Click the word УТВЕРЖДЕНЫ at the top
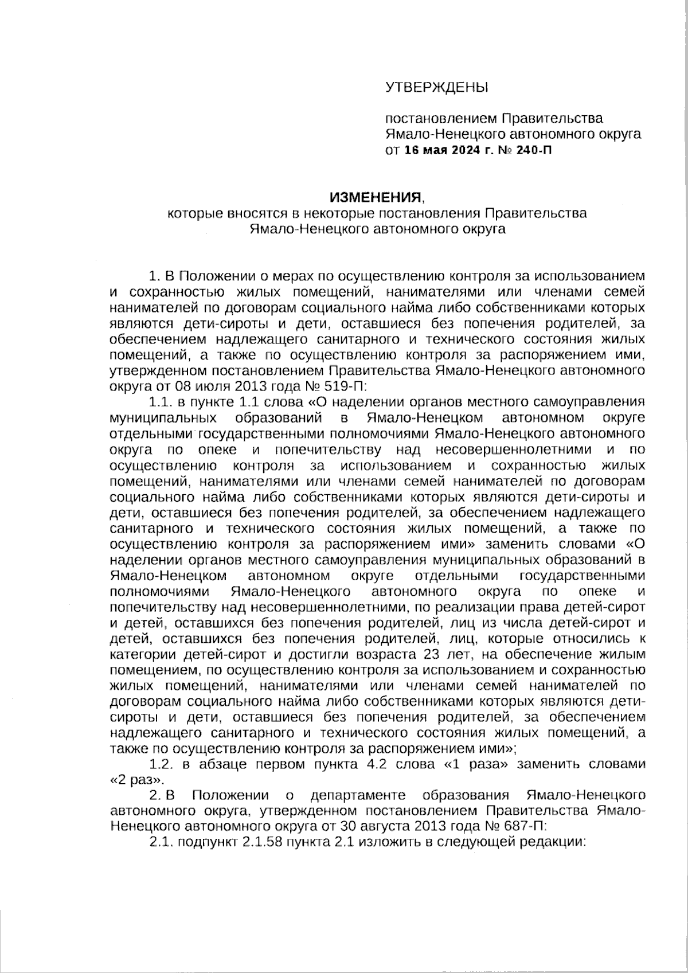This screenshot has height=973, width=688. [x=436, y=88]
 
